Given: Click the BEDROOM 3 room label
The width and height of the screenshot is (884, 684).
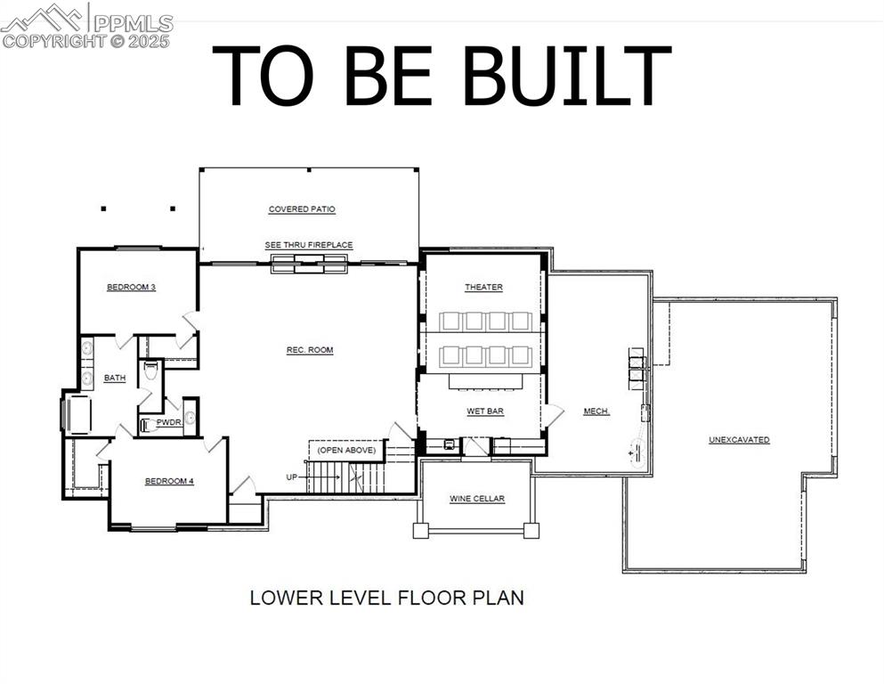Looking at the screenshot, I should [x=132, y=287].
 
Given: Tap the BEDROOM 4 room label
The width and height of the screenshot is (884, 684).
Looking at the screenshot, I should [x=169, y=481].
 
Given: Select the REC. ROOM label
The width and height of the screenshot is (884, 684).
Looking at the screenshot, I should [x=310, y=350].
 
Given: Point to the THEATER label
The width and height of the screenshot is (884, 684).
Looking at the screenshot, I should [x=483, y=287].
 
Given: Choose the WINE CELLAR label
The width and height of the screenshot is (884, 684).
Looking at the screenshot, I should [x=477, y=499].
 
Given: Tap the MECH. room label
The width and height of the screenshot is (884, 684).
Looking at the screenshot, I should [x=596, y=411].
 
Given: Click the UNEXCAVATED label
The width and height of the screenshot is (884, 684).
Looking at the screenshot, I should [x=739, y=440].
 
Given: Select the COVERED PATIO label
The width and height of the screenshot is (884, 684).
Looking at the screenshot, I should [x=302, y=209].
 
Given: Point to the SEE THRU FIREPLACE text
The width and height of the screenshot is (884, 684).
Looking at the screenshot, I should [x=309, y=245].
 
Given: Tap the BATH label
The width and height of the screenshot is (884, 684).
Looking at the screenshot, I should [x=115, y=378].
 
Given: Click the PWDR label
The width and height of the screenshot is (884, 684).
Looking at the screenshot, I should [x=169, y=422].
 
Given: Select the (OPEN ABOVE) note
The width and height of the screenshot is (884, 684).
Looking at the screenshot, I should [x=347, y=450].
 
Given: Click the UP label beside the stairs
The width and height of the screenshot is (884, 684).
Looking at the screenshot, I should [x=291, y=477].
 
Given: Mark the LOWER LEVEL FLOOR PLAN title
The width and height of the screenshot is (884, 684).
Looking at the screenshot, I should [x=386, y=597].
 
